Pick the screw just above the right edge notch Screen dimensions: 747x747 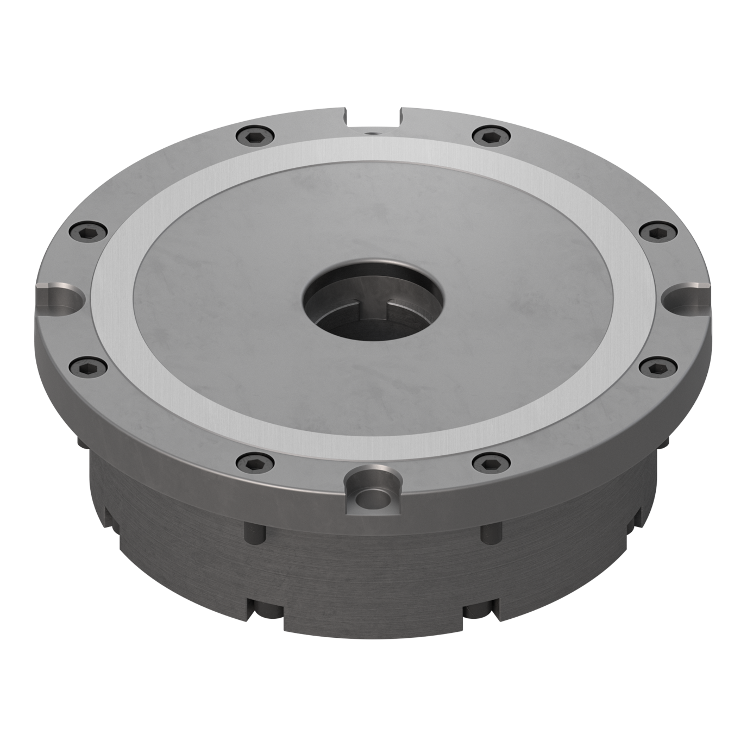[x=658, y=231]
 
